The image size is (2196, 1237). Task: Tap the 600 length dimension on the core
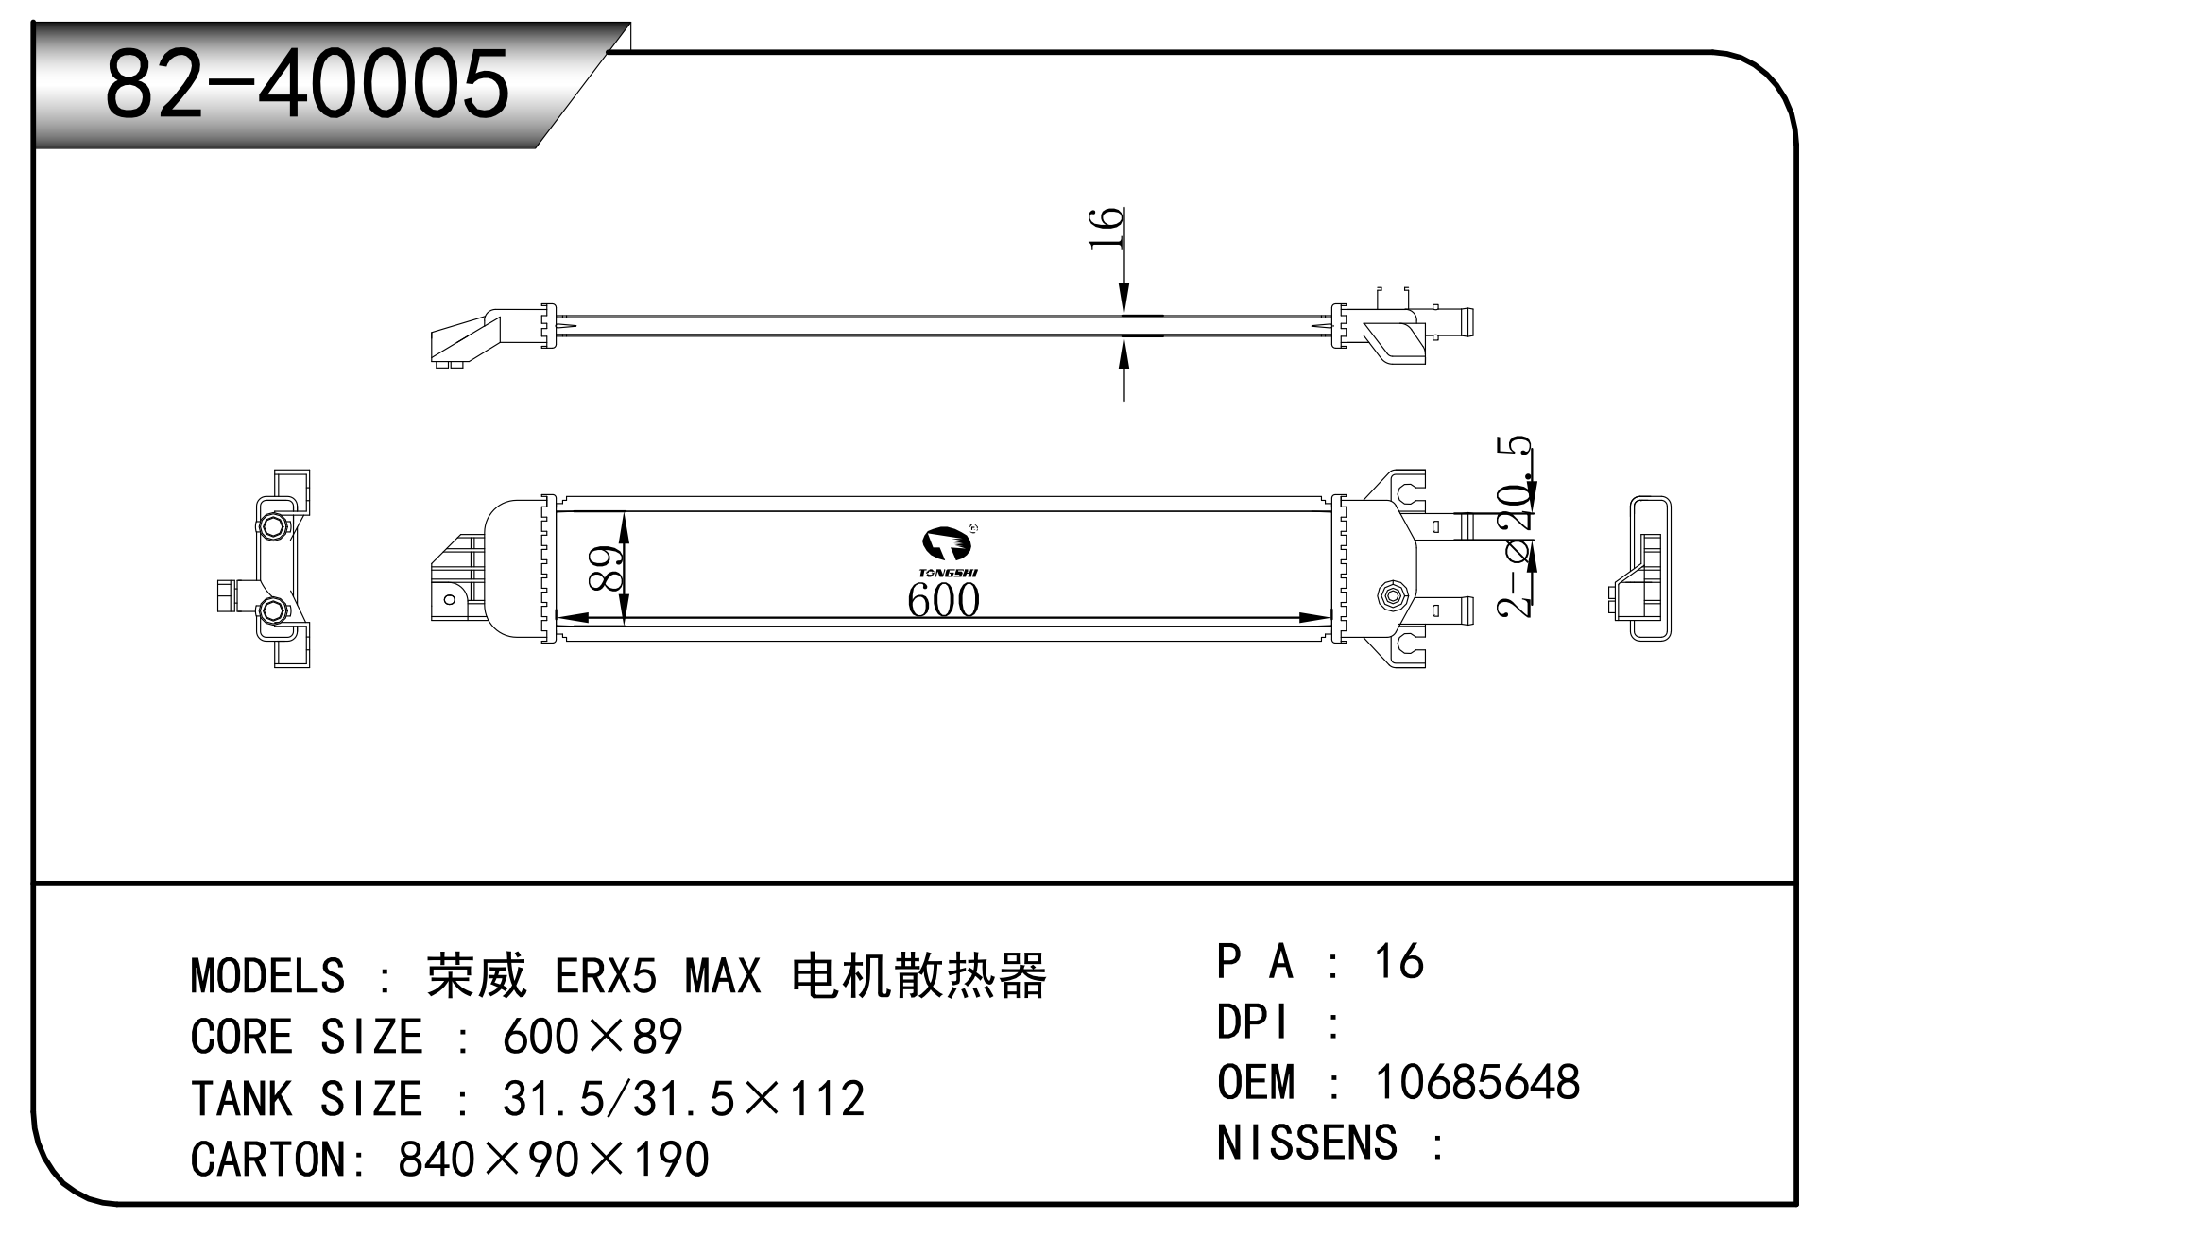click(x=943, y=599)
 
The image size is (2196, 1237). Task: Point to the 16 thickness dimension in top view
click(x=1106, y=229)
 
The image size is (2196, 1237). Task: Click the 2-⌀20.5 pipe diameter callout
click(x=1516, y=527)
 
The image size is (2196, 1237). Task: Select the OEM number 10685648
click(x=1477, y=1082)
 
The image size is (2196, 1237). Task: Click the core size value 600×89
click(x=592, y=1037)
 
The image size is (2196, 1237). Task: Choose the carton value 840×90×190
click(x=554, y=1160)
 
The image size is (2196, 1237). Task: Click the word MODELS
click(x=267, y=975)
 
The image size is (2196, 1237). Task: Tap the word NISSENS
click(x=1307, y=1143)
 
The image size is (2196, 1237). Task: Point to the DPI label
click(x=1253, y=1022)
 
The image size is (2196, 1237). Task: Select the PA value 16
click(x=1398, y=961)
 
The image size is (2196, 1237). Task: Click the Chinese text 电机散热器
click(x=919, y=975)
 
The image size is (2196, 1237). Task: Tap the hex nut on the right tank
click(x=1392, y=594)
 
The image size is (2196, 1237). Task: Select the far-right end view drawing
click(x=1640, y=569)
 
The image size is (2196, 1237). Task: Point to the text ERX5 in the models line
click(x=606, y=975)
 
